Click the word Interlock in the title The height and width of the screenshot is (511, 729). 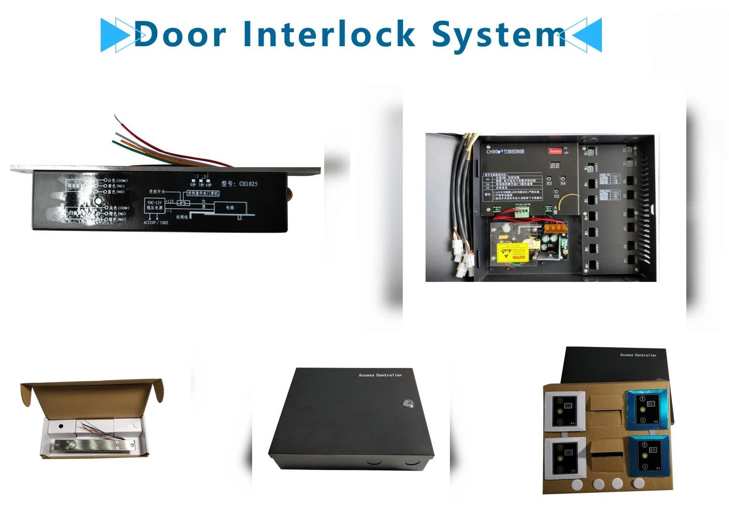(x=329, y=34)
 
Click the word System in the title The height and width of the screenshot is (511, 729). (x=498, y=35)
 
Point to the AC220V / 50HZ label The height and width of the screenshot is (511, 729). (x=156, y=223)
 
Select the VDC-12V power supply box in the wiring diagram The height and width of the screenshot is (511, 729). (x=155, y=205)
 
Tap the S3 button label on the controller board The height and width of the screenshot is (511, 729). (x=549, y=183)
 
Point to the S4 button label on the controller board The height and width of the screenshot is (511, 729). (x=563, y=183)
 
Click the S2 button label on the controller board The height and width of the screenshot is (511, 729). (x=556, y=196)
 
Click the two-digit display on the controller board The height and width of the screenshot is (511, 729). (x=555, y=166)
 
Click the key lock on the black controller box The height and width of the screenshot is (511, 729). (x=405, y=403)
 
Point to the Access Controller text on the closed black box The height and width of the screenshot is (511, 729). (x=380, y=375)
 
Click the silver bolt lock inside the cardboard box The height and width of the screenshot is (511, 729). (x=93, y=445)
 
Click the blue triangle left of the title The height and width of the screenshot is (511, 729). (x=115, y=35)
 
